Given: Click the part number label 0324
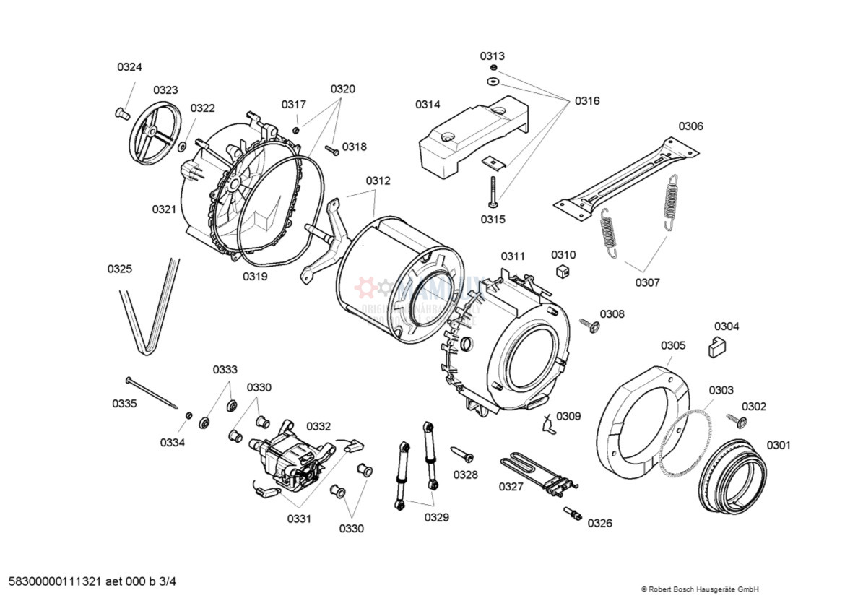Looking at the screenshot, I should click(x=129, y=67).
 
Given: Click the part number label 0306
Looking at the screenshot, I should click(x=690, y=126).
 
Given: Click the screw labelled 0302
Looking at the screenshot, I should click(x=737, y=420).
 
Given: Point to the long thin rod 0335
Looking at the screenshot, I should click(x=152, y=391).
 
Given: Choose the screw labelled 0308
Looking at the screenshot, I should click(x=590, y=326).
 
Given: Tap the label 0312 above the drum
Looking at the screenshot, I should click(x=378, y=181).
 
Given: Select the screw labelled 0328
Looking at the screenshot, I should click(x=462, y=454).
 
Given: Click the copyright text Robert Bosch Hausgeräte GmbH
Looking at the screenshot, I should click(x=700, y=589).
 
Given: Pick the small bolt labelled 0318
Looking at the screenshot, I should click(x=331, y=150).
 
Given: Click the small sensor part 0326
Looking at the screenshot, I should click(x=573, y=513).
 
